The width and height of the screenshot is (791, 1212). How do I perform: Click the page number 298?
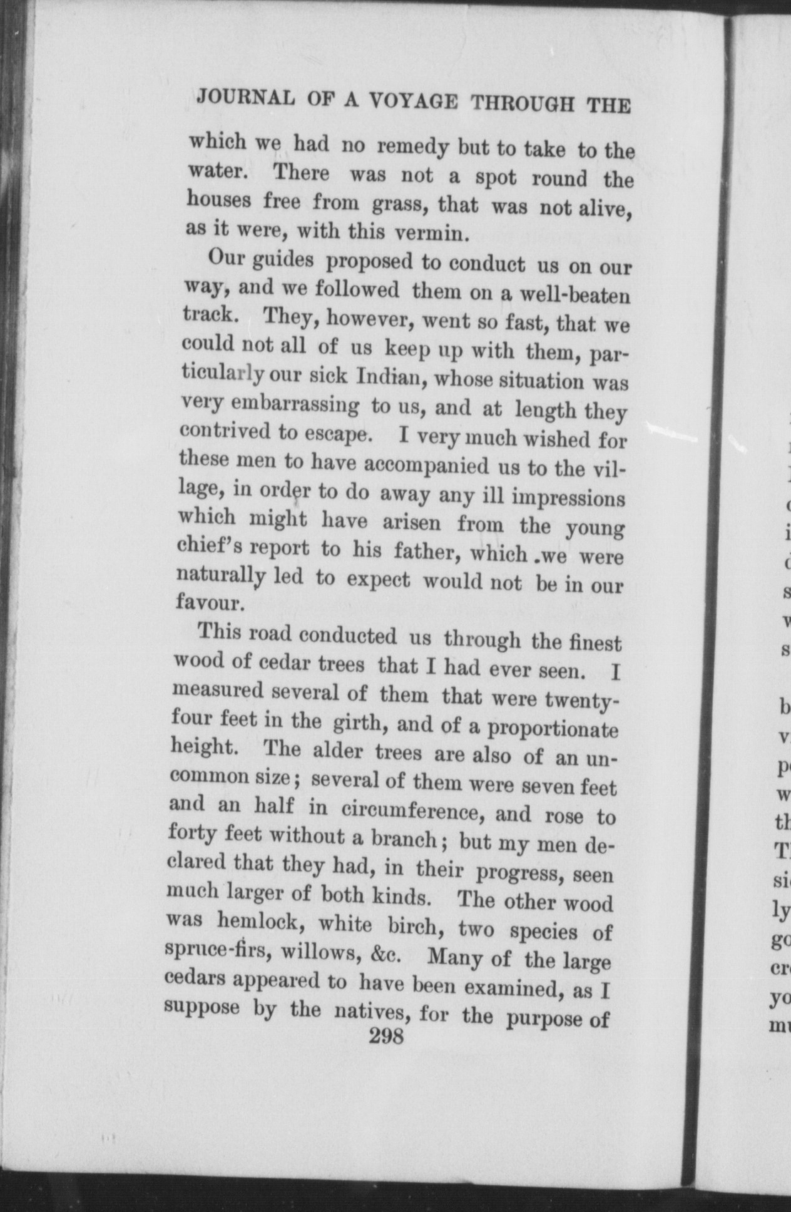387,1036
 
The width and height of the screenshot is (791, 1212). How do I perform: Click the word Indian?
391,377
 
